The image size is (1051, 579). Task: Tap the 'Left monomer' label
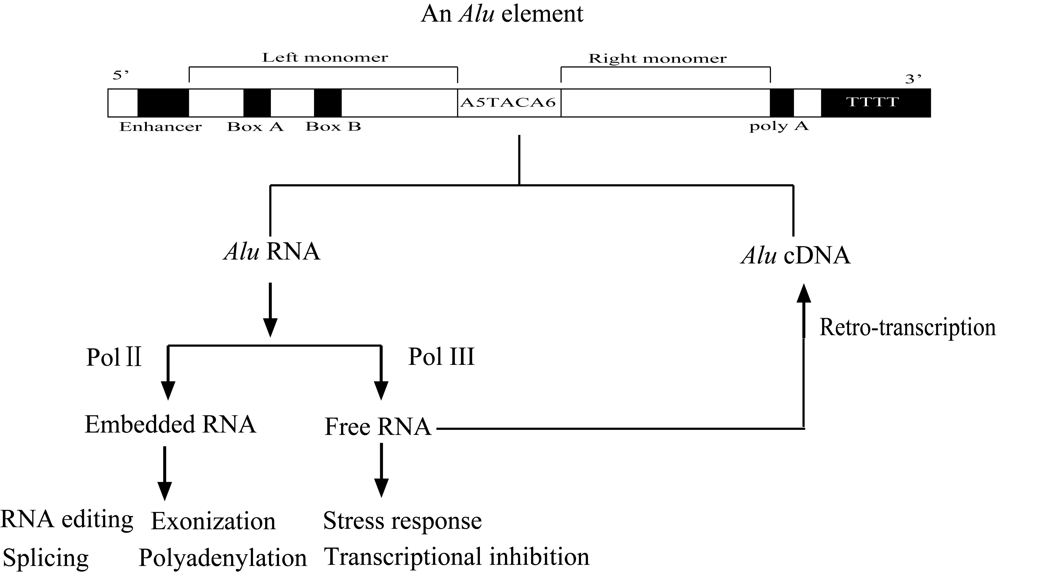point(325,57)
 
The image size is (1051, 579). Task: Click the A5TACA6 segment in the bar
point(508,102)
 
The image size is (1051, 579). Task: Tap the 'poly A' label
point(779,126)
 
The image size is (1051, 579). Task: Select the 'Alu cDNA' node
point(796,256)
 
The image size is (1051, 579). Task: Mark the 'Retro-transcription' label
point(908,327)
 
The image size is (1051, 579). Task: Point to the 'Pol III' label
point(441,357)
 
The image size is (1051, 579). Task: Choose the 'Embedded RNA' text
point(170,424)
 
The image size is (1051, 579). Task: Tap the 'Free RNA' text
point(378,427)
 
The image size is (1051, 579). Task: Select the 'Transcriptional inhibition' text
point(456,557)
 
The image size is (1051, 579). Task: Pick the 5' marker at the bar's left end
point(120,75)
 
